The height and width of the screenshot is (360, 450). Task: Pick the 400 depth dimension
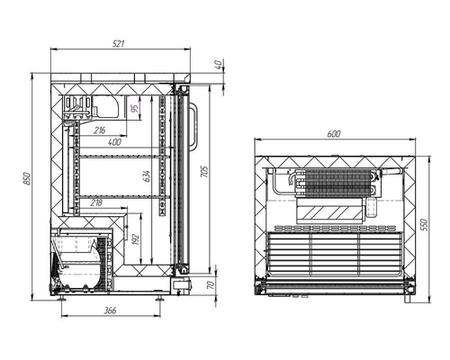[115, 143]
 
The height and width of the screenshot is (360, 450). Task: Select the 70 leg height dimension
[211, 285]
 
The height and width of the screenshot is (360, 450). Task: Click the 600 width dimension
[334, 134]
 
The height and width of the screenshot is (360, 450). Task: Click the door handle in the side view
[192, 126]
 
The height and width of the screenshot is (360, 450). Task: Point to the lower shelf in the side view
[121, 195]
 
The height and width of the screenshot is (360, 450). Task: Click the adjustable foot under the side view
[162, 293]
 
